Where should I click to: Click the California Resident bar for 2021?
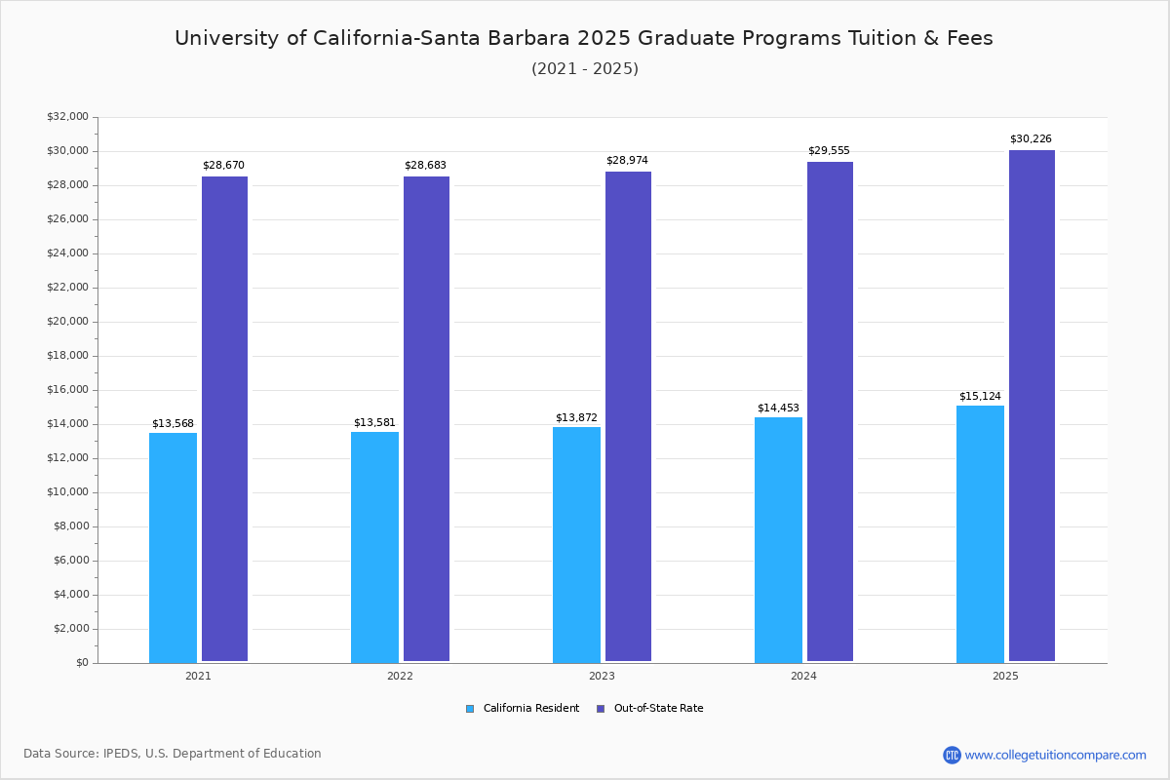coord(173,547)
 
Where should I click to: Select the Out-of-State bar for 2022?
coord(426,418)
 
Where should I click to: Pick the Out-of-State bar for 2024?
coord(830,411)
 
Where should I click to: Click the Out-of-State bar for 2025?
coord(1032,406)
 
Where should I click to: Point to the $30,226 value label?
coord(1031,139)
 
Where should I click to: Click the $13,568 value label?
coord(173,423)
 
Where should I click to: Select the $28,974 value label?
coord(627,160)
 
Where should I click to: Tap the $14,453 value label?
coord(778,408)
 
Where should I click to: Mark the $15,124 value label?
coord(980,396)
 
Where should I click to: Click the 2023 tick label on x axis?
coord(602,676)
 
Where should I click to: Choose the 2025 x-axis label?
coord(1005,676)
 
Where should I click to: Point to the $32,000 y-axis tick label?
coord(67,117)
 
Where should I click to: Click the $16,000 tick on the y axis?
coord(67,390)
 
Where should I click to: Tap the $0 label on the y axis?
coord(82,663)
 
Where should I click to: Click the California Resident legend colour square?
coord(470,709)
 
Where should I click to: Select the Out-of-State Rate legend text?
coord(658,709)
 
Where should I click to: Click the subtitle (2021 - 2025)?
coord(585,69)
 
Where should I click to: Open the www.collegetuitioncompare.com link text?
coord(1055,755)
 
